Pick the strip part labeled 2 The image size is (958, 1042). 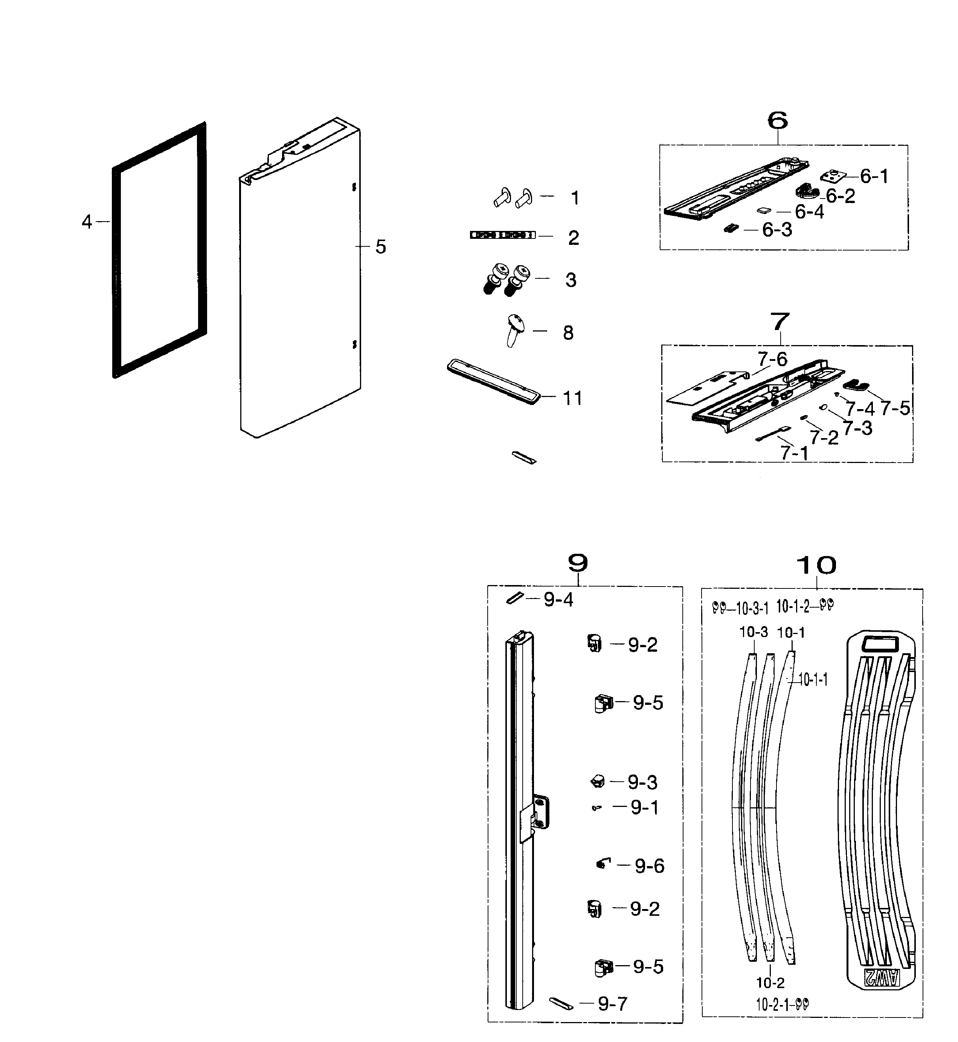[x=502, y=235]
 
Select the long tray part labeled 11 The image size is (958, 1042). [x=493, y=381]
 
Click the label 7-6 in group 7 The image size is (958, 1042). [x=772, y=359]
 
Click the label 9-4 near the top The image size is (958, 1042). [x=558, y=600]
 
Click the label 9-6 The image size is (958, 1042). [x=649, y=866]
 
